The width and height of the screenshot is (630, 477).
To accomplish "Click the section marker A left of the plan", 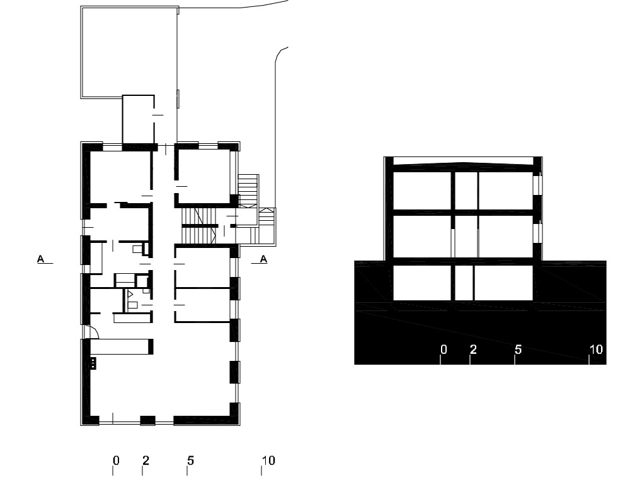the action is click(40, 259).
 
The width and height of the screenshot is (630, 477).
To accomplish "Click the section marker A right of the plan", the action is click(263, 259).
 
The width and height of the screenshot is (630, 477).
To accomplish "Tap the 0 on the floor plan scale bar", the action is click(116, 461).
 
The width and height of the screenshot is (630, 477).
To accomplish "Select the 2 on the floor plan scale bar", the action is click(146, 461).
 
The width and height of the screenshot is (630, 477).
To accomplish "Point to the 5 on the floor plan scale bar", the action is click(190, 461).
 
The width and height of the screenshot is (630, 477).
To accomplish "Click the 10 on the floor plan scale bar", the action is click(268, 461).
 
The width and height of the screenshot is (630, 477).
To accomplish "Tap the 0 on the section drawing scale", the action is click(444, 350).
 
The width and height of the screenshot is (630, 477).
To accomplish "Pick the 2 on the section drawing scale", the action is click(473, 350).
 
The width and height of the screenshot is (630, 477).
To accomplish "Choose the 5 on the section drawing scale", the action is click(518, 350).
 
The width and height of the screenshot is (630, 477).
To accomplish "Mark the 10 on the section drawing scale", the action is click(596, 350).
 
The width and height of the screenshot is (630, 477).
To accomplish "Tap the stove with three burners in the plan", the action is click(93, 363).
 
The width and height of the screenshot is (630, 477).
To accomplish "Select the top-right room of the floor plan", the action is click(203, 176).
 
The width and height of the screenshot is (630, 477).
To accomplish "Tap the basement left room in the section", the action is click(422, 283).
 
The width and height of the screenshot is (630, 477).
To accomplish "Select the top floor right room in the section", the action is click(505, 191).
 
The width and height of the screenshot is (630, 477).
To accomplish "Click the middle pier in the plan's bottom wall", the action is click(147, 421).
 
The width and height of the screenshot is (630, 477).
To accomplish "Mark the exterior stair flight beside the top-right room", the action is click(248, 191).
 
